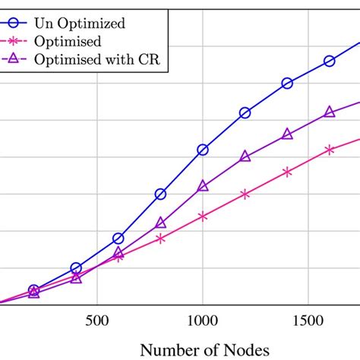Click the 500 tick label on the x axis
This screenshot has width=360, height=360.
pyautogui.click(x=97, y=321)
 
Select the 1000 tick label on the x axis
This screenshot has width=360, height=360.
pyautogui.click(x=202, y=321)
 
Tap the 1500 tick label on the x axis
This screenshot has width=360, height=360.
pyautogui.click(x=308, y=321)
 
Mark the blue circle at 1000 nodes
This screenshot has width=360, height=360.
pyautogui.click(x=203, y=150)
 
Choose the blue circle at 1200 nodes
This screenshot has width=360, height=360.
pyautogui.click(x=245, y=112)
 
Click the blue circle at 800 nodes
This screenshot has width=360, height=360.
pyautogui.click(x=160, y=194)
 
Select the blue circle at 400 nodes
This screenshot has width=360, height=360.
pyautogui.click(x=76, y=268)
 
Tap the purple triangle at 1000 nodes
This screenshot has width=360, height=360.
pyautogui.click(x=203, y=185)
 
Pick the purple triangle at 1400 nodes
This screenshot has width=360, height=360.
pyautogui.click(x=287, y=134)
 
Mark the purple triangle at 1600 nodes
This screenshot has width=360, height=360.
pyautogui.click(x=330, y=112)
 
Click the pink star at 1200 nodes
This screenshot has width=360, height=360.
pyautogui.click(x=245, y=194)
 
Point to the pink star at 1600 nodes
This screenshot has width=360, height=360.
pyautogui.click(x=330, y=150)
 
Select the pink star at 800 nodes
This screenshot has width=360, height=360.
pyautogui.click(x=160, y=238)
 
